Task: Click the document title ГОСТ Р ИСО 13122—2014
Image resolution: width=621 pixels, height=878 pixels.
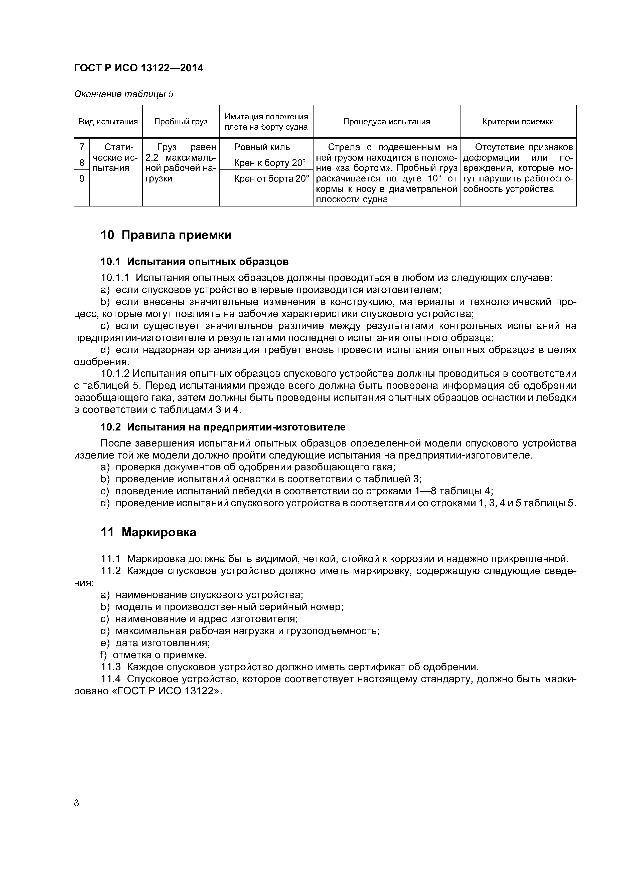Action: pyautogui.click(x=138, y=68)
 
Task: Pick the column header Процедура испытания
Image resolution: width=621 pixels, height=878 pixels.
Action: pyautogui.click(x=386, y=122)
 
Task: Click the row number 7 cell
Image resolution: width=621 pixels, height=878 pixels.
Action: pyautogui.click(x=81, y=147)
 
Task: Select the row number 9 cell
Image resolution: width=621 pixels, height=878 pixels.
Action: pyautogui.click(x=81, y=178)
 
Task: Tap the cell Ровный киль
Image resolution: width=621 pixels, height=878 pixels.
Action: pyautogui.click(x=262, y=147)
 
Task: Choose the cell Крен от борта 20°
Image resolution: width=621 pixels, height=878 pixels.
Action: pyautogui.click(x=271, y=179)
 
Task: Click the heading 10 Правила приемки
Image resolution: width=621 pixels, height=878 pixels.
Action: pyautogui.click(x=166, y=235)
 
